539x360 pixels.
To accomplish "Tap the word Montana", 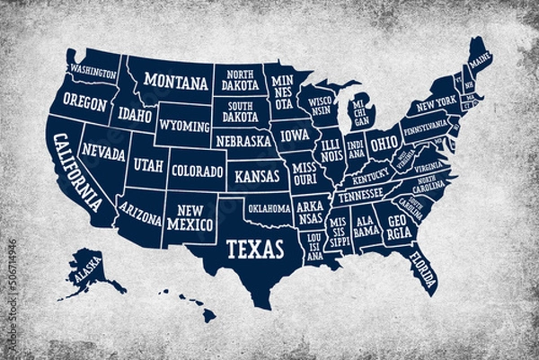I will pyautogui.click(x=176, y=83).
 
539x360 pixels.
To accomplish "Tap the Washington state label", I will pyautogui.click(x=94, y=70).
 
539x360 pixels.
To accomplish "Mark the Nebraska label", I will pyautogui.click(x=243, y=141).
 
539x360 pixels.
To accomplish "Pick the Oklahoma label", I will pyautogui.click(x=269, y=208).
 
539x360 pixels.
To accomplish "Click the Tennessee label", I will pyautogui.click(x=360, y=194).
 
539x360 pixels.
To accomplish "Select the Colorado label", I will pyautogui.click(x=197, y=170).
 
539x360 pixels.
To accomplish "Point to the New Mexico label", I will pyautogui.click(x=190, y=216).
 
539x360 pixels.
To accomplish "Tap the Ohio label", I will pyautogui.click(x=384, y=143).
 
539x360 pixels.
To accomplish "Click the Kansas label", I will pyautogui.click(x=257, y=176).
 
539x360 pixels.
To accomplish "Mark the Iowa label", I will pyautogui.click(x=294, y=136).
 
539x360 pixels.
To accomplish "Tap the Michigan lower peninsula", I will pyautogui.click(x=361, y=115).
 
